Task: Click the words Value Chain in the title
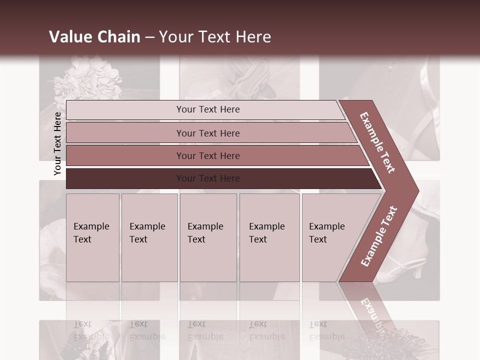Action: click(x=94, y=37)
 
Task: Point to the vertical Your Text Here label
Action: click(x=57, y=144)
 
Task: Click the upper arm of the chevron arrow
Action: click(x=377, y=142)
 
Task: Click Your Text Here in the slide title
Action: click(x=215, y=37)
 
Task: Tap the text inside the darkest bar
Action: click(x=208, y=178)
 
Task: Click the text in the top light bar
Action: click(x=208, y=109)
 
